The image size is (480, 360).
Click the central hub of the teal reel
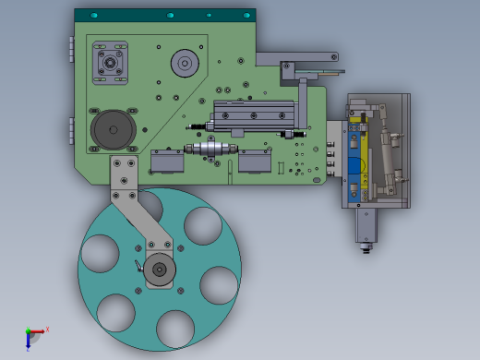point(159,270)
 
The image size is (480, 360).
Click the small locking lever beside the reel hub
point(138,266)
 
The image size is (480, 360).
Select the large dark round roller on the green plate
point(112,128)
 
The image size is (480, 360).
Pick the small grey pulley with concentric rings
point(185,64)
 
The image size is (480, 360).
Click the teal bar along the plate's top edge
point(164,16)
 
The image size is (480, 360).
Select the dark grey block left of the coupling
point(169,162)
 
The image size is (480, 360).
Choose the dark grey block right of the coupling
point(255,162)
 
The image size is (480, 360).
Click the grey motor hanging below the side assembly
point(366,225)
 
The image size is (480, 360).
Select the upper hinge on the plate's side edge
point(71,49)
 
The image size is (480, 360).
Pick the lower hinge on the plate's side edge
point(71,130)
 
